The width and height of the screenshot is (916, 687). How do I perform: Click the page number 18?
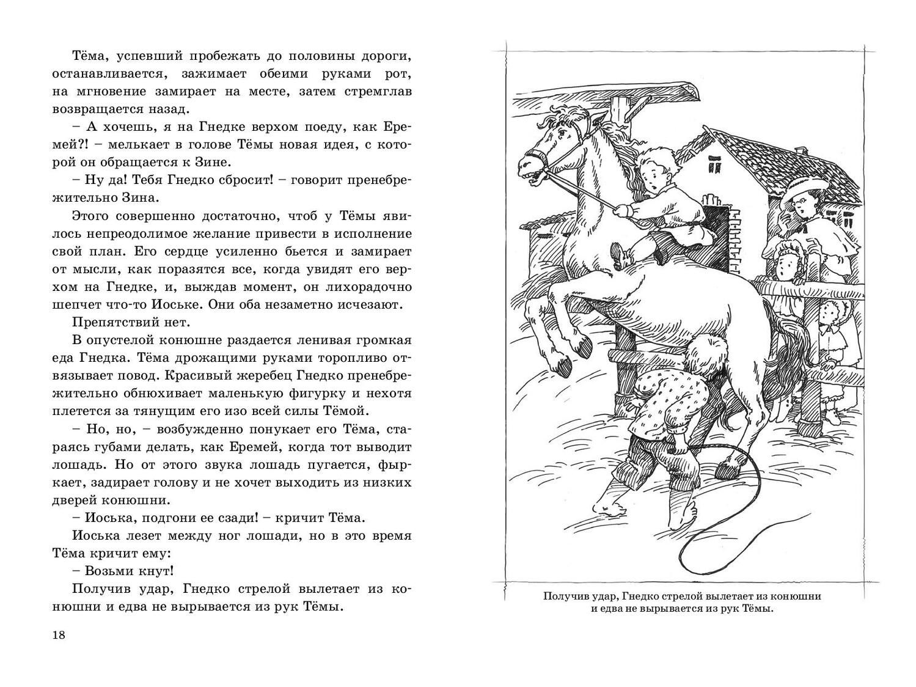(x=58, y=634)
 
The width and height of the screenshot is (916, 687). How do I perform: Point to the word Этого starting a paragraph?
(x=91, y=216)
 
